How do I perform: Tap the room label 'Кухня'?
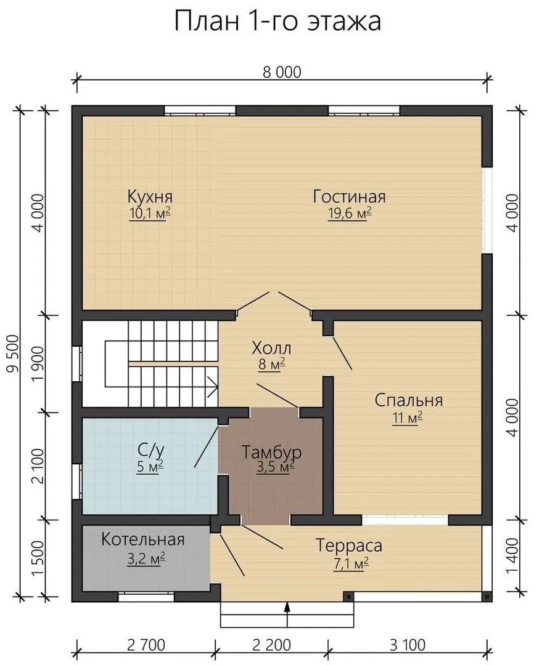[x=150, y=197]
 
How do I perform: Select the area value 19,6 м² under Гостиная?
[x=350, y=213]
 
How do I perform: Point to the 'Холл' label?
[x=271, y=348]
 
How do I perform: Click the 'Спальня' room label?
[x=409, y=400]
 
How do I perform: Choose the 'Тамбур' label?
[x=271, y=452]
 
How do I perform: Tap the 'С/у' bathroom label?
[x=150, y=449]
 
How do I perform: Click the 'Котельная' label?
[x=143, y=539]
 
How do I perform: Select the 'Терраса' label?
[x=349, y=546]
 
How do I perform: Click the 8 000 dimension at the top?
[x=282, y=73]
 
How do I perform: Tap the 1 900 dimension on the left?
[x=38, y=365]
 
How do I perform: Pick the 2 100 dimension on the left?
[x=38, y=466]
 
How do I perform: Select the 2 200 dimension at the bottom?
[x=272, y=645]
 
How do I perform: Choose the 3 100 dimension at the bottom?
[x=408, y=645]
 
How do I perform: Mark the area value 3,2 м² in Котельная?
[x=146, y=558]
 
